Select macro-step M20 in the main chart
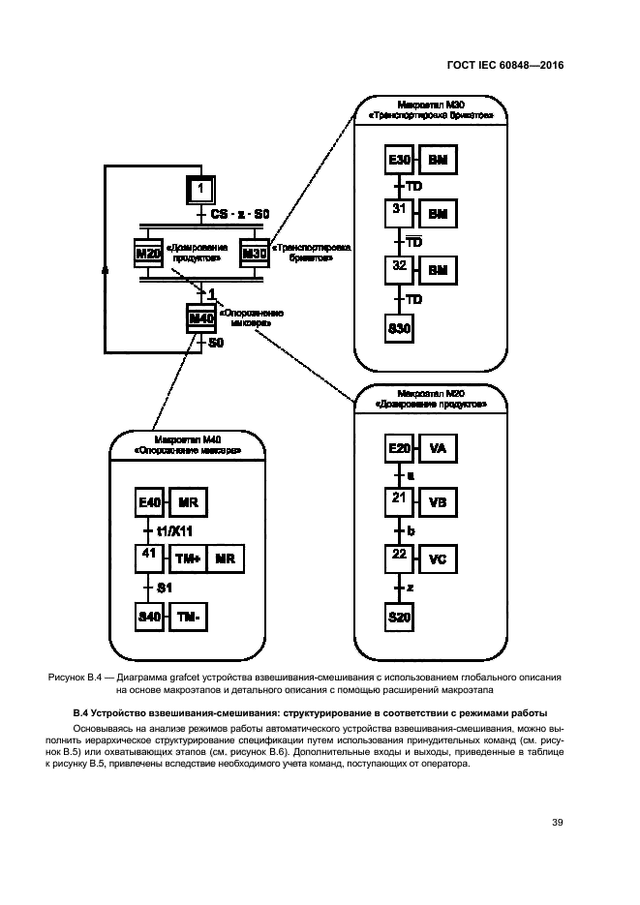point(150,254)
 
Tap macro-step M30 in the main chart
point(255,254)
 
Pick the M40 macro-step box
point(200,318)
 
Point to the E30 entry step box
point(399,160)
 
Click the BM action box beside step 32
point(437,268)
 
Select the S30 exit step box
point(399,329)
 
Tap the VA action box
point(437,449)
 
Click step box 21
point(399,503)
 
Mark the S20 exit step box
point(399,617)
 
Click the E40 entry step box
point(150,504)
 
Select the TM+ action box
point(188,559)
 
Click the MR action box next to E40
point(188,504)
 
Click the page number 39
point(558,823)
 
